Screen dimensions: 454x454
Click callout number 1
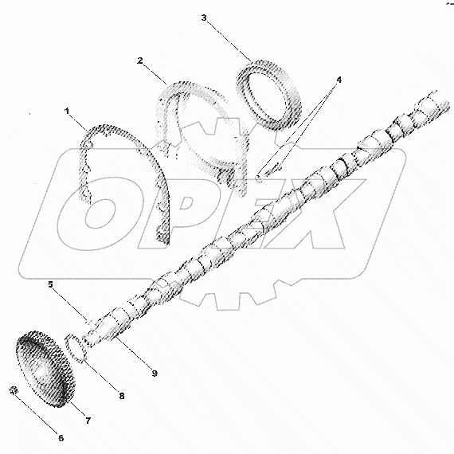click(67, 111)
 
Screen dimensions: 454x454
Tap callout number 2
click(140, 61)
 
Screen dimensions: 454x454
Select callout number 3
click(204, 18)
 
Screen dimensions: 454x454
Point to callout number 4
click(339, 80)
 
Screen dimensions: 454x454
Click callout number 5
click(51, 284)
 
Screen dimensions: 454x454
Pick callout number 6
click(61, 438)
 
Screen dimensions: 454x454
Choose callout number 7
click(88, 421)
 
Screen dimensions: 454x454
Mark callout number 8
click(122, 396)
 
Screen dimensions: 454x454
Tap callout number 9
click(155, 374)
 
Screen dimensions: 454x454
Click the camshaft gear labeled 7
click(45, 369)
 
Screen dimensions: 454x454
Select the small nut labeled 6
click(14, 390)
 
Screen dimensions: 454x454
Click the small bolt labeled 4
click(272, 170)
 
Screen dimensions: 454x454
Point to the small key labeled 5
click(89, 322)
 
